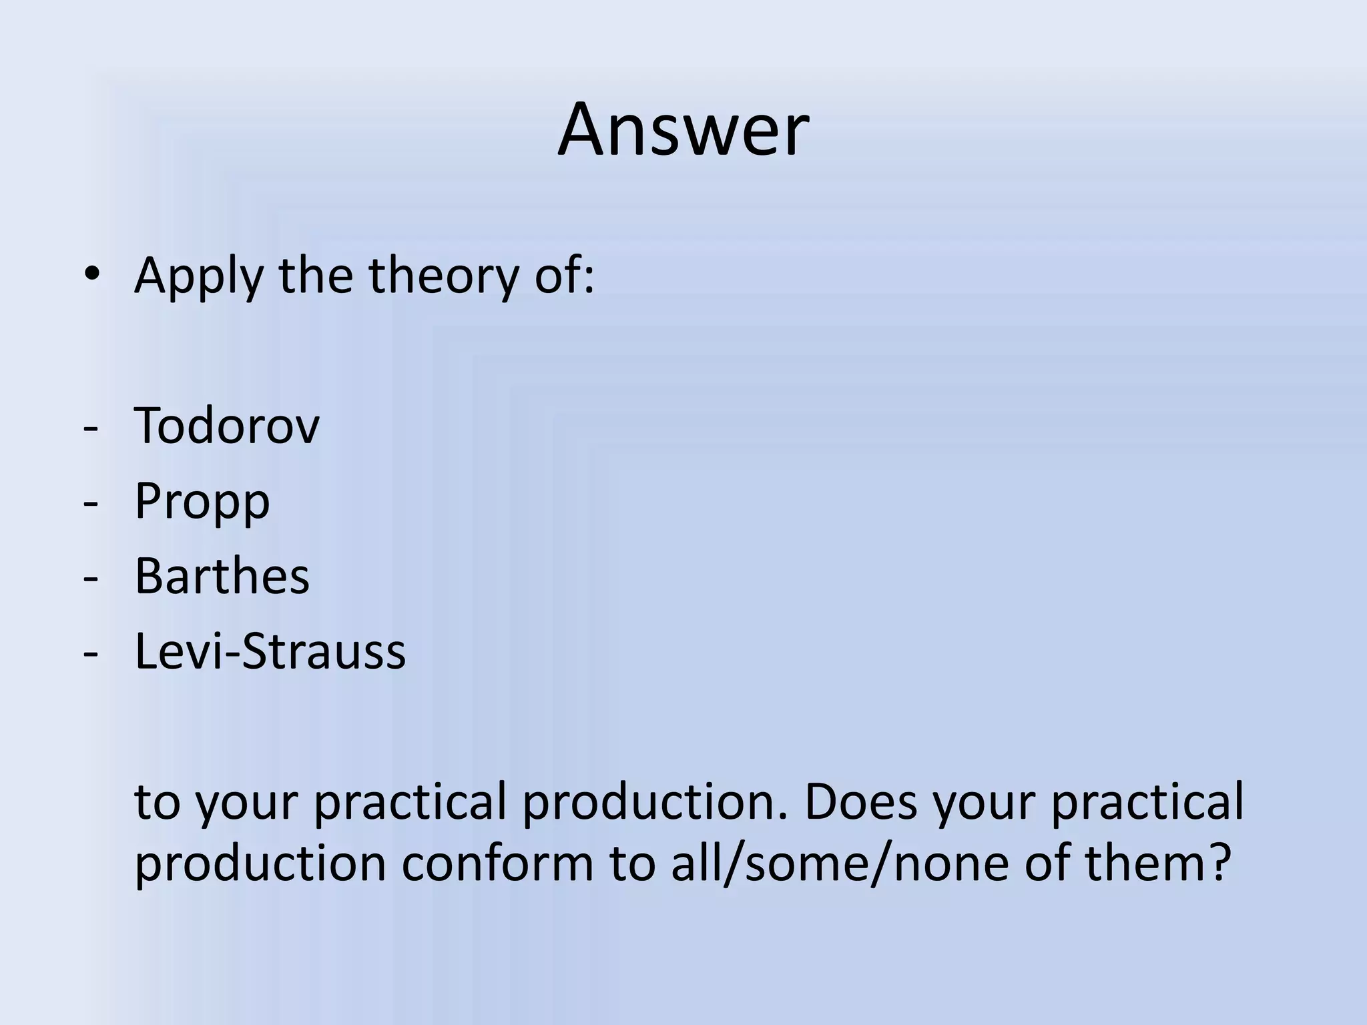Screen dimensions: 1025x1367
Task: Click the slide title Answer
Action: pyautogui.click(x=683, y=130)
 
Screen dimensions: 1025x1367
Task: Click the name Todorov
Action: pyautogui.click(x=227, y=426)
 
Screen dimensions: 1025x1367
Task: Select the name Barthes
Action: pyautogui.click(x=222, y=576)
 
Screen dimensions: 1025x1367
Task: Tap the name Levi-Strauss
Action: pyautogui.click(x=270, y=651)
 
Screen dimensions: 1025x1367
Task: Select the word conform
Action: pyautogui.click(x=497, y=864)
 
